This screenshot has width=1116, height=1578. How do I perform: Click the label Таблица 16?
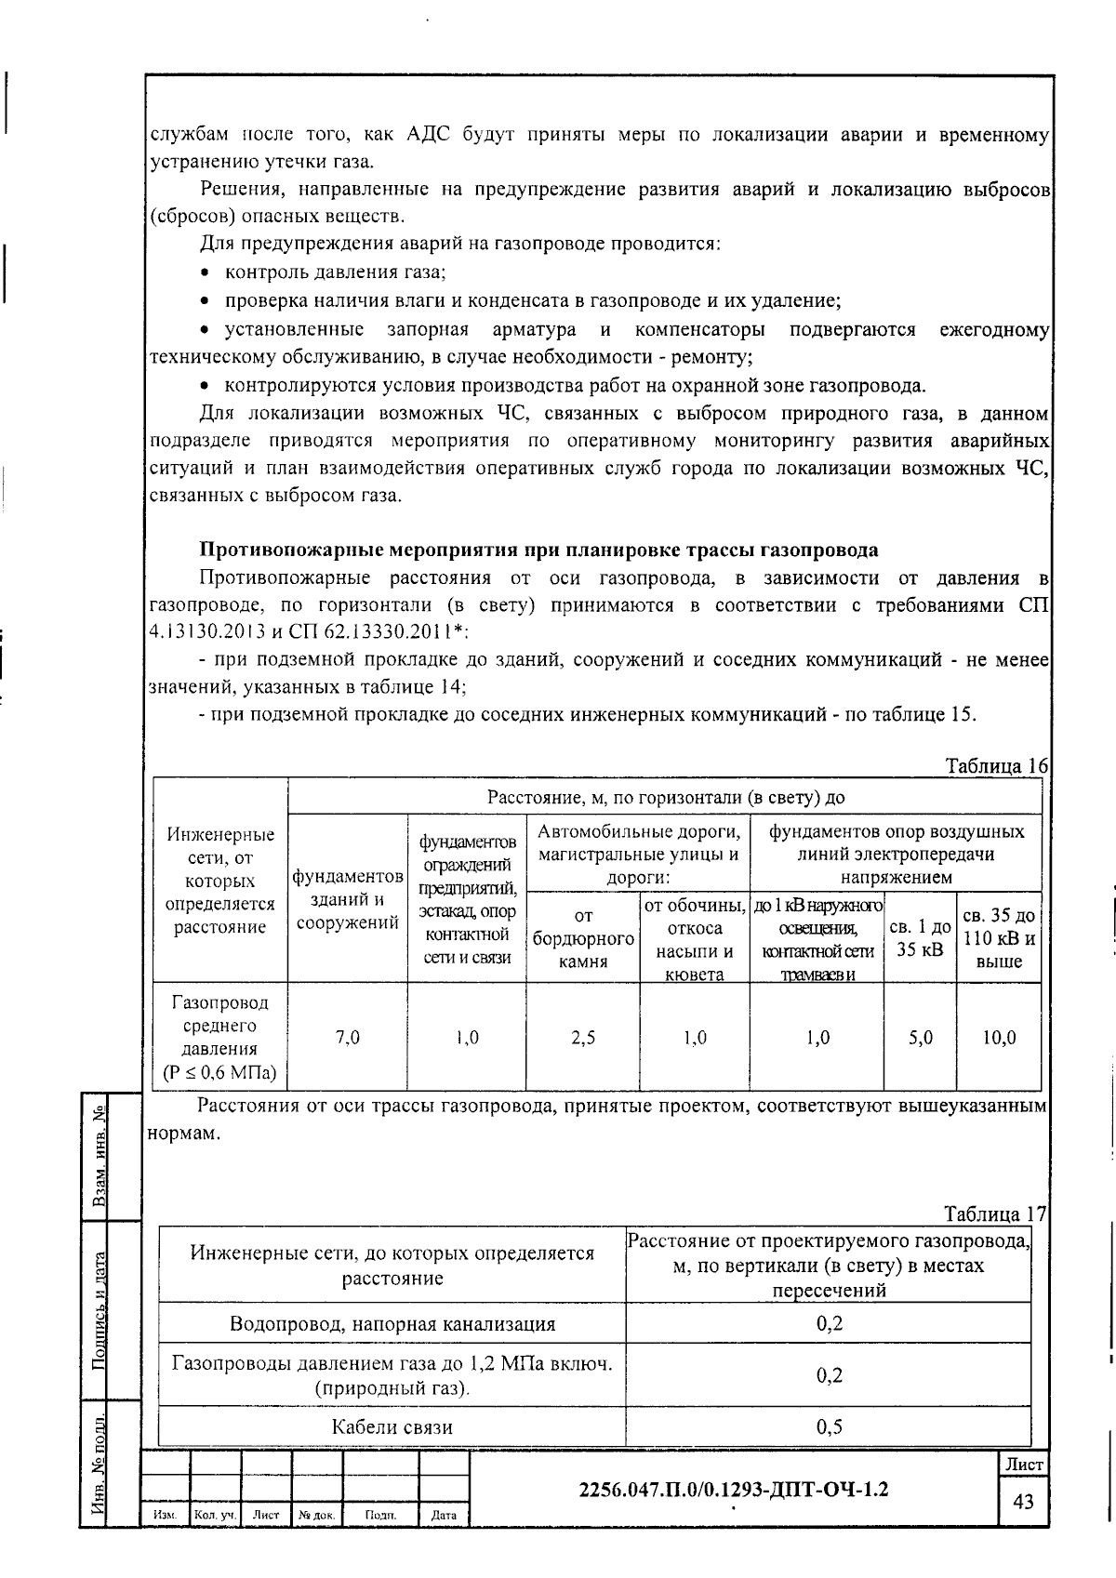pyautogui.click(x=996, y=766)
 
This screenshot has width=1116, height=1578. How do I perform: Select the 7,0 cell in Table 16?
pyautogui.click(x=347, y=1038)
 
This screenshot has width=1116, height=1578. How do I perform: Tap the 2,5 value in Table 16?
pyautogui.click(x=583, y=1038)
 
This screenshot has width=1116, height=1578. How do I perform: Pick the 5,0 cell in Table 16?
pyautogui.click(x=920, y=1038)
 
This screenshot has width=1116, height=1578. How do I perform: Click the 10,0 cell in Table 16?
pyautogui.click(x=999, y=1038)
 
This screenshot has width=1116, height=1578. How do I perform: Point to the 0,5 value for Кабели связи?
pyautogui.click(x=829, y=1426)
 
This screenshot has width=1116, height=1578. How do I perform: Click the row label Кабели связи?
pyautogui.click(x=392, y=1426)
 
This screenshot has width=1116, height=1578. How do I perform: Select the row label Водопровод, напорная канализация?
pyautogui.click(x=392, y=1323)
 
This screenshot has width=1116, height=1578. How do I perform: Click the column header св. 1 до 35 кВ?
pyautogui.click(x=920, y=937)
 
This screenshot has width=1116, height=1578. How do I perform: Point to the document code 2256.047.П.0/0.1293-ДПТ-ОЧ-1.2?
pyautogui.click(x=733, y=1490)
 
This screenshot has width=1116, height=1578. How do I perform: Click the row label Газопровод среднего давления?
pyautogui.click(x=219, y=1038)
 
